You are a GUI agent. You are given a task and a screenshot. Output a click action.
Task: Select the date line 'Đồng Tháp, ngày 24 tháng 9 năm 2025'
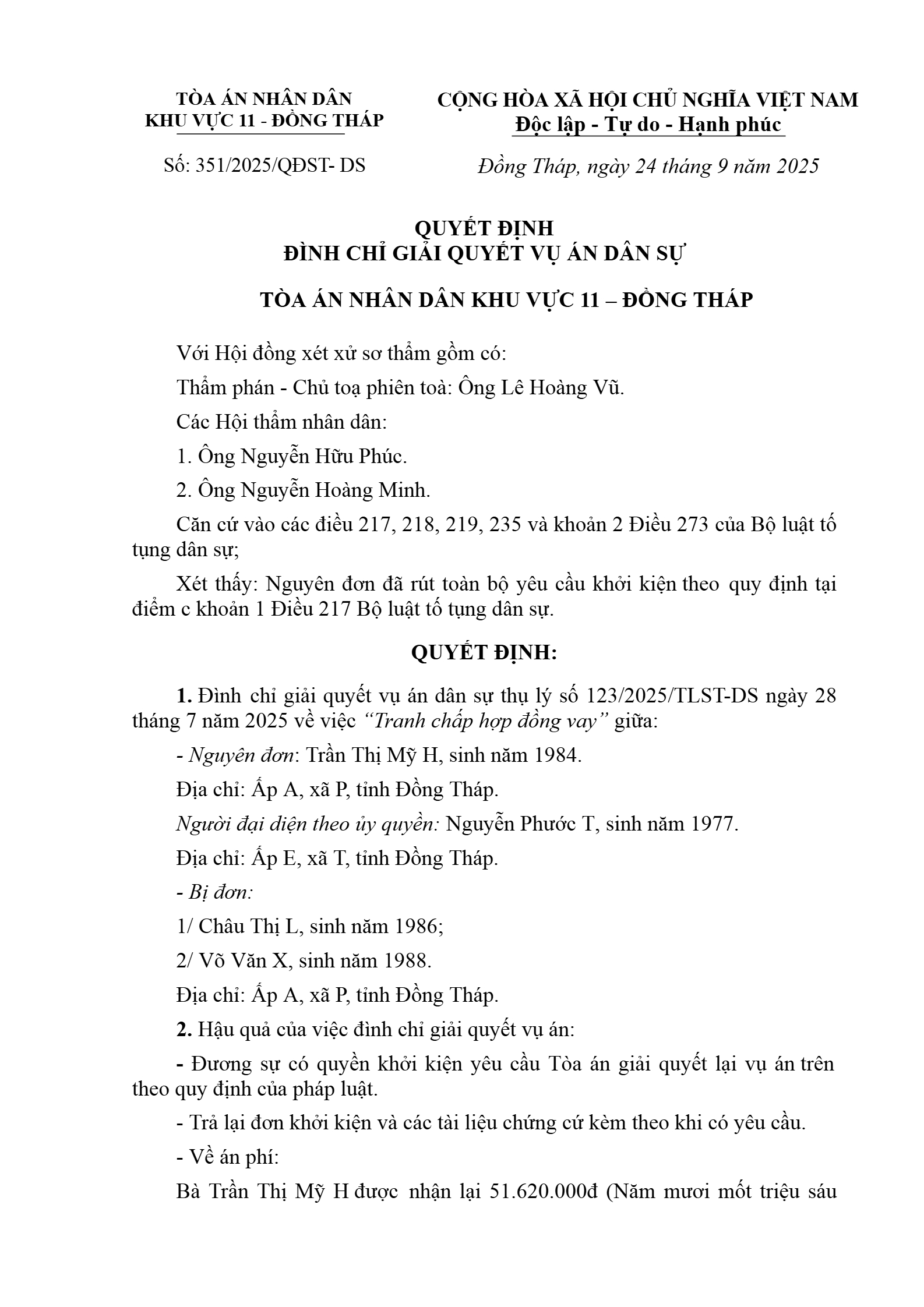(648, 167)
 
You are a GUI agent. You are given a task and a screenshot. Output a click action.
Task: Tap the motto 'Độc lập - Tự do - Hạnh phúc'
(648, 125)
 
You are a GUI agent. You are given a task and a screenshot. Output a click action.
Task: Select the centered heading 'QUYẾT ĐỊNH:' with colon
(484, 653)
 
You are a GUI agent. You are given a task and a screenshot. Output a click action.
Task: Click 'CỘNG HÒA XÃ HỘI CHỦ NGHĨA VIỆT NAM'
(648, 100)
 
